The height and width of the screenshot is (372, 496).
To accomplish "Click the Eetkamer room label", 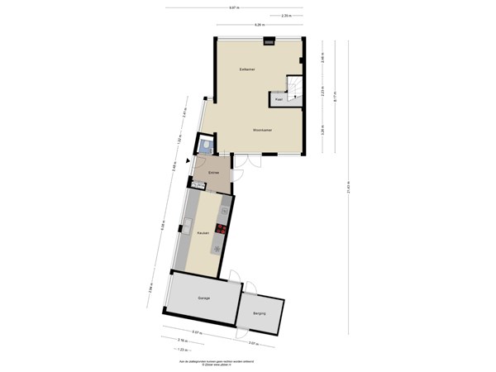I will click(246, 69).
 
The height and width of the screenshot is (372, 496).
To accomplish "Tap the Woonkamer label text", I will click(263, 130).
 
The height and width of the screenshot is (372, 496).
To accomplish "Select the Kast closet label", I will click(279, 99).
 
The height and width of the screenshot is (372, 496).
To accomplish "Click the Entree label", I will click(212, 173).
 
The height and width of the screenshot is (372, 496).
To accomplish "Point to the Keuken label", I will click(202, 234).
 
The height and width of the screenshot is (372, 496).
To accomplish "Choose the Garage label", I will click(203, 298).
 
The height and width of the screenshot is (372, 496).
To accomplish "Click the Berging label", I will click(259, 314).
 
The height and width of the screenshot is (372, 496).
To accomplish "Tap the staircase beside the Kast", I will click(297, 87).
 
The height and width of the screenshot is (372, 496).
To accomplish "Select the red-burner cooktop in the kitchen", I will click(222, 229).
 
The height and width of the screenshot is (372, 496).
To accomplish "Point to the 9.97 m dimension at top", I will click(235, 7).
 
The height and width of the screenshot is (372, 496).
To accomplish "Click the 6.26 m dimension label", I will click(259, 26).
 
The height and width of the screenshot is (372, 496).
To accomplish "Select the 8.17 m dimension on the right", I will click(335, 95).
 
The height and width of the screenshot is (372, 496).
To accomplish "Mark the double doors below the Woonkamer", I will click(248, 161).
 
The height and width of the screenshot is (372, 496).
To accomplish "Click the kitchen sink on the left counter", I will click(188, 224).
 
